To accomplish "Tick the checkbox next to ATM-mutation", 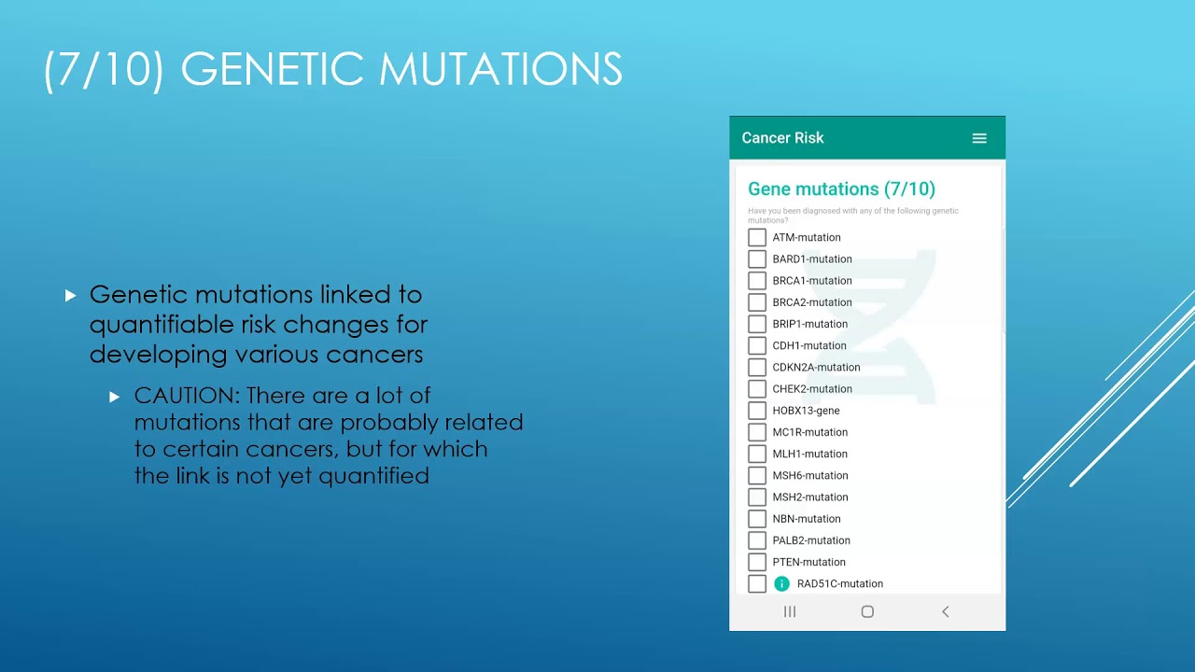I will tap(757, 238).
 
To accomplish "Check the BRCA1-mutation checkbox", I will tap(757, 281).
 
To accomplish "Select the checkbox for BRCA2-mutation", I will tap(757, 302).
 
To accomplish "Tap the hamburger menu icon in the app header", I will tap(979, 138).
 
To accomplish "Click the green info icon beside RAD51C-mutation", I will tap(782, 584).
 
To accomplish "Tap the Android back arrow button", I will tap(945, 611).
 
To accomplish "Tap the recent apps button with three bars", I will tap(790, 611).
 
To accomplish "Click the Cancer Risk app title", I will tap(782, 138).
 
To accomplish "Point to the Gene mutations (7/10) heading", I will tap(841, 189).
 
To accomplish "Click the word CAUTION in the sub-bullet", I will tap(187, 396).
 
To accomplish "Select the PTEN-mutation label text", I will tap(808, 562).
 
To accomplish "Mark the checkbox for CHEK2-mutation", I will tap(757, 389).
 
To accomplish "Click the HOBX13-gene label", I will tap(806, 411).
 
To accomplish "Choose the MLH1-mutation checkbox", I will tap(757, 454).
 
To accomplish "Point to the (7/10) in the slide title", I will tap(104, 70).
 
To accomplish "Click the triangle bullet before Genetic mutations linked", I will tap(70, 296).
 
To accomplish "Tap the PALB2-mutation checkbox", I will tap(757, 540).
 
